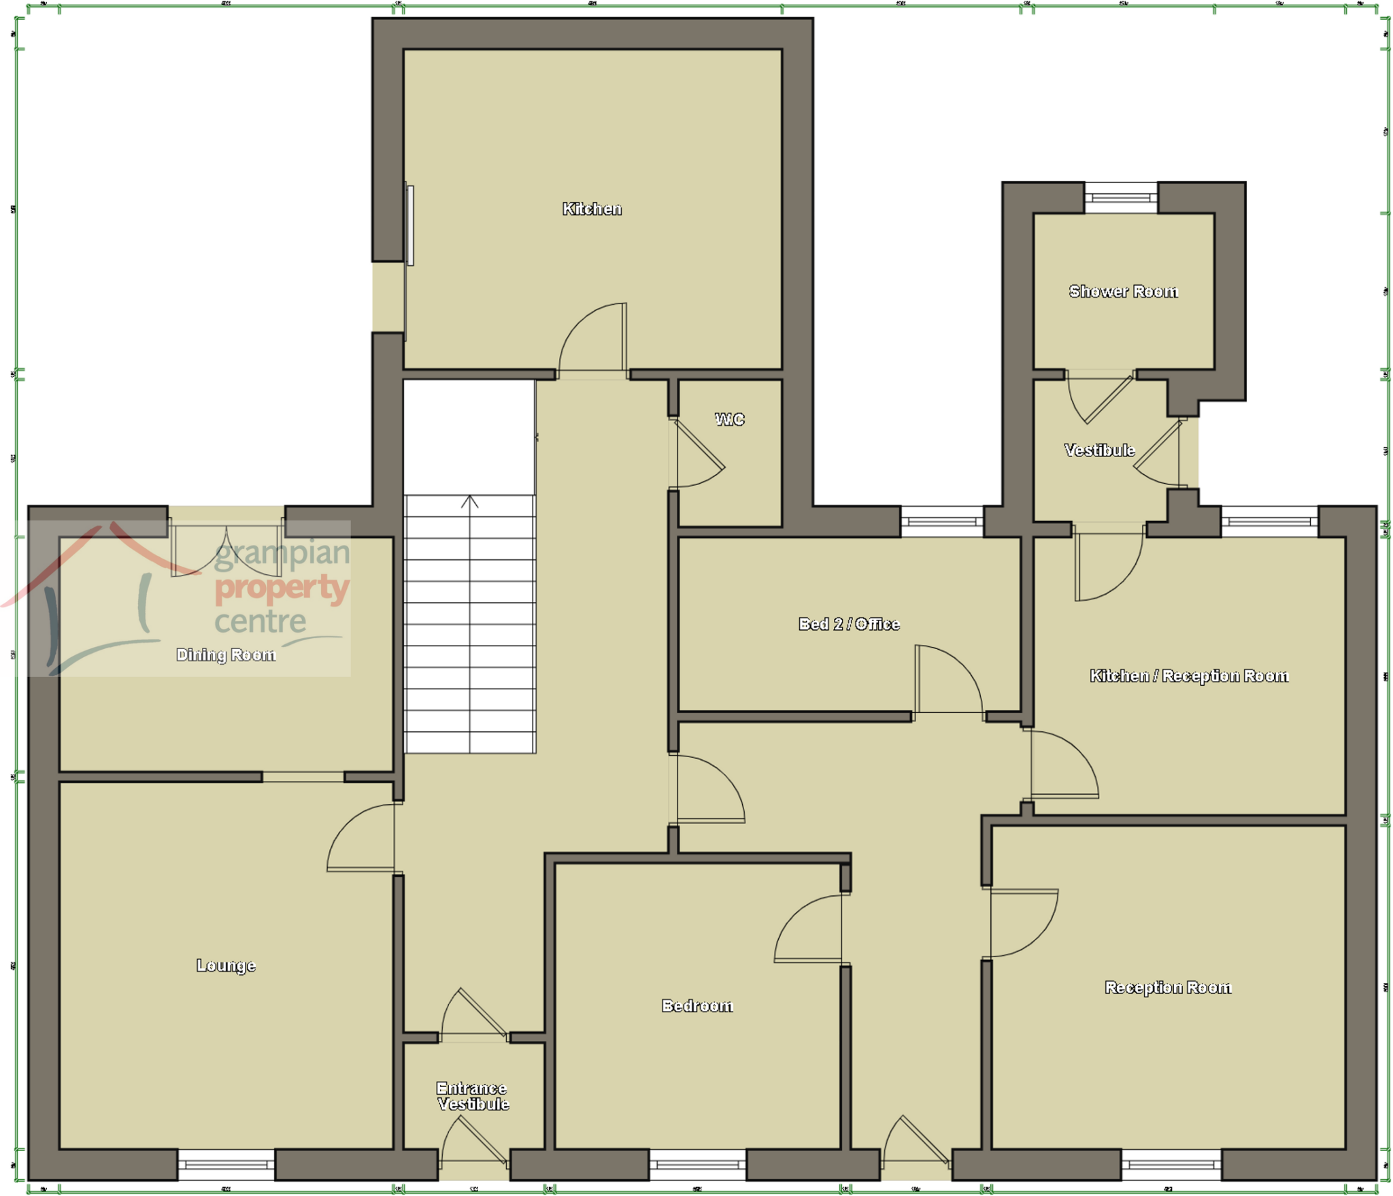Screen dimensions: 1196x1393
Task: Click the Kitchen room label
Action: tap(591, 209)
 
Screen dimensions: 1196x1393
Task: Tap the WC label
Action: tap(729, 419)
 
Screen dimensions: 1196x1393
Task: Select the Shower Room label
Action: tap(1122, 291)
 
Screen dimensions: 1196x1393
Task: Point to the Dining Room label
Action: tap(226, 654)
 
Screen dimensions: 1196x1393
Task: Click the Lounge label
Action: tap(226, 965)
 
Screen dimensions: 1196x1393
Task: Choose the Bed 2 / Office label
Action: tap(848, 624)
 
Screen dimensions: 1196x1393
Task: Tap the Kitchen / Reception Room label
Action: tap(1188, 676)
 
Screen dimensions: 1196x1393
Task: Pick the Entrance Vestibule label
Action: tap(472, 1096)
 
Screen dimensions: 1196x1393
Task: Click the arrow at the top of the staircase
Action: tap(469, 502)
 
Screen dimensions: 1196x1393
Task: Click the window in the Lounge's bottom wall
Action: tap(226, 1165)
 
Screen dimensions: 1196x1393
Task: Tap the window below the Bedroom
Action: tap(697, 1165)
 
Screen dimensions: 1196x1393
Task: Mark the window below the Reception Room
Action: tap(1171, 1165)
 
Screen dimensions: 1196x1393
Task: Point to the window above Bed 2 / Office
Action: tap(941, 522)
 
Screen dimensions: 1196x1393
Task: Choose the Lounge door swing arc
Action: tap(360, 838)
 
